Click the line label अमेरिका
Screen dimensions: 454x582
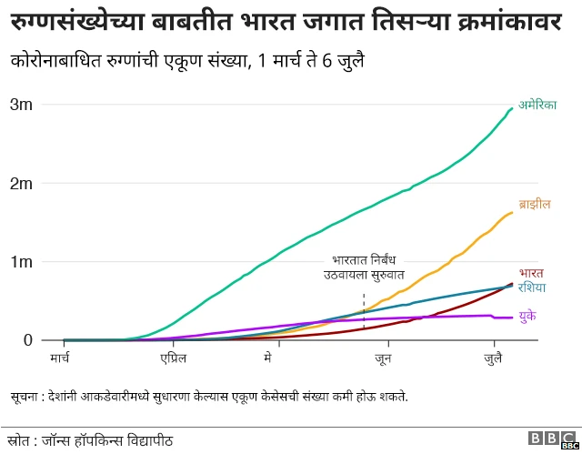point(537,105)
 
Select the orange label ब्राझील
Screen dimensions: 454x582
point(535,204)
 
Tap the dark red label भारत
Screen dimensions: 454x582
point(531,273)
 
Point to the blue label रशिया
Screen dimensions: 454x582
point(532,288)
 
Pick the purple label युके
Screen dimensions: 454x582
point(527,315)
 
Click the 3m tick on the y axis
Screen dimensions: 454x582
point(22,105)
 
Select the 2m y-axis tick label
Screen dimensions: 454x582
point(22,183)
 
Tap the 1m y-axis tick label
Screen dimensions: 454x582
point(22,262)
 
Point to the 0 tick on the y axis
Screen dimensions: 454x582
point(27,340)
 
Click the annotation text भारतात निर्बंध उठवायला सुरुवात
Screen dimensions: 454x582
point(364,267)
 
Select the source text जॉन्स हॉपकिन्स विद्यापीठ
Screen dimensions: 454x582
point(109,440)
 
